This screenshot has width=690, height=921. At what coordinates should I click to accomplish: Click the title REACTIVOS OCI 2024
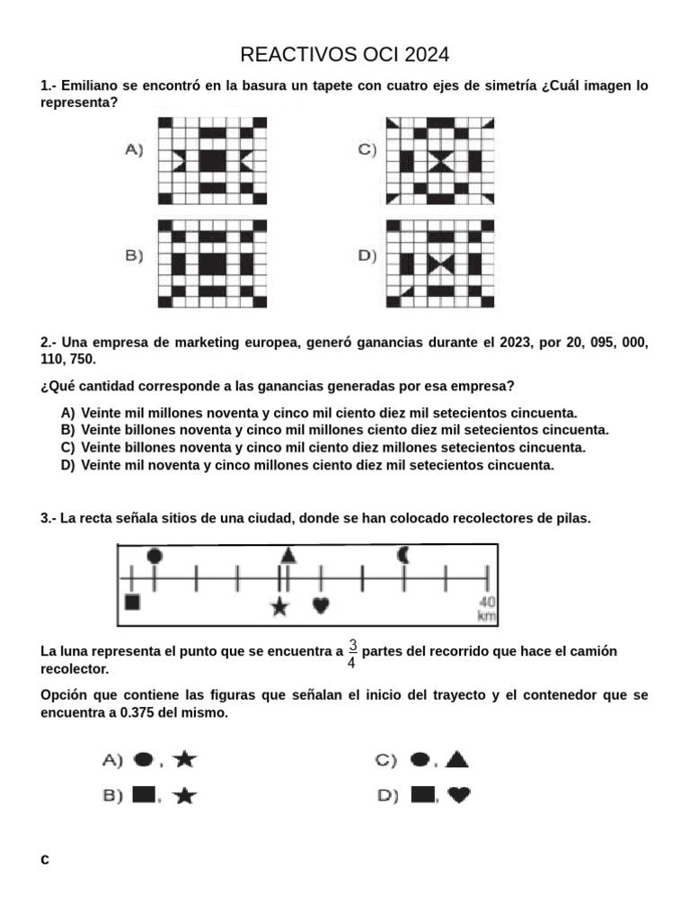pos(345,55)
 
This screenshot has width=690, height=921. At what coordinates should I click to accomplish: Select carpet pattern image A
pos(213,161)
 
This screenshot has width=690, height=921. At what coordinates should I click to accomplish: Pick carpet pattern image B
pos(213,264)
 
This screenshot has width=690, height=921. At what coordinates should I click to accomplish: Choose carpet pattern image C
pos(440,161)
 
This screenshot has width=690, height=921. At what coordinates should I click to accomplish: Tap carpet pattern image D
pos(440,264)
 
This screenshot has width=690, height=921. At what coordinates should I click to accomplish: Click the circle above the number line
pos(155,556)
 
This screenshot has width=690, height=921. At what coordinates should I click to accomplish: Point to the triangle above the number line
pos(287,555)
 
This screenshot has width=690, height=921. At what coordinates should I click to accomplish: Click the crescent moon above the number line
pos(403,555)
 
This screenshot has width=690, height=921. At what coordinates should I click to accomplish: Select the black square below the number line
pos(132,602)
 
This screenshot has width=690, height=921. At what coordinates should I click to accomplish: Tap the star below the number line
pos(280,607)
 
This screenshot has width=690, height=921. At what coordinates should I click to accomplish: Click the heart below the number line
pos(321,605)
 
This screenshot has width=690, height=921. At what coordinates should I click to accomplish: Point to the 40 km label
pos(486,609)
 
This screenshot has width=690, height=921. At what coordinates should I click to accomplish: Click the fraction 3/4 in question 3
pos(352,653)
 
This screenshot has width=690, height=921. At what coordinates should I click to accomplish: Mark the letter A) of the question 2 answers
pos(68,413)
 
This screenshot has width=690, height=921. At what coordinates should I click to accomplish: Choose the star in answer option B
pos(185,795)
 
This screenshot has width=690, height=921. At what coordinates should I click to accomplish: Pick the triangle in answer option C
pos(456,760)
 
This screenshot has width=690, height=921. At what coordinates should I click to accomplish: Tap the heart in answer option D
pos(458,794)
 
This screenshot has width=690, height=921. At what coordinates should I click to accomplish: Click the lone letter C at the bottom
pos(45,860)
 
